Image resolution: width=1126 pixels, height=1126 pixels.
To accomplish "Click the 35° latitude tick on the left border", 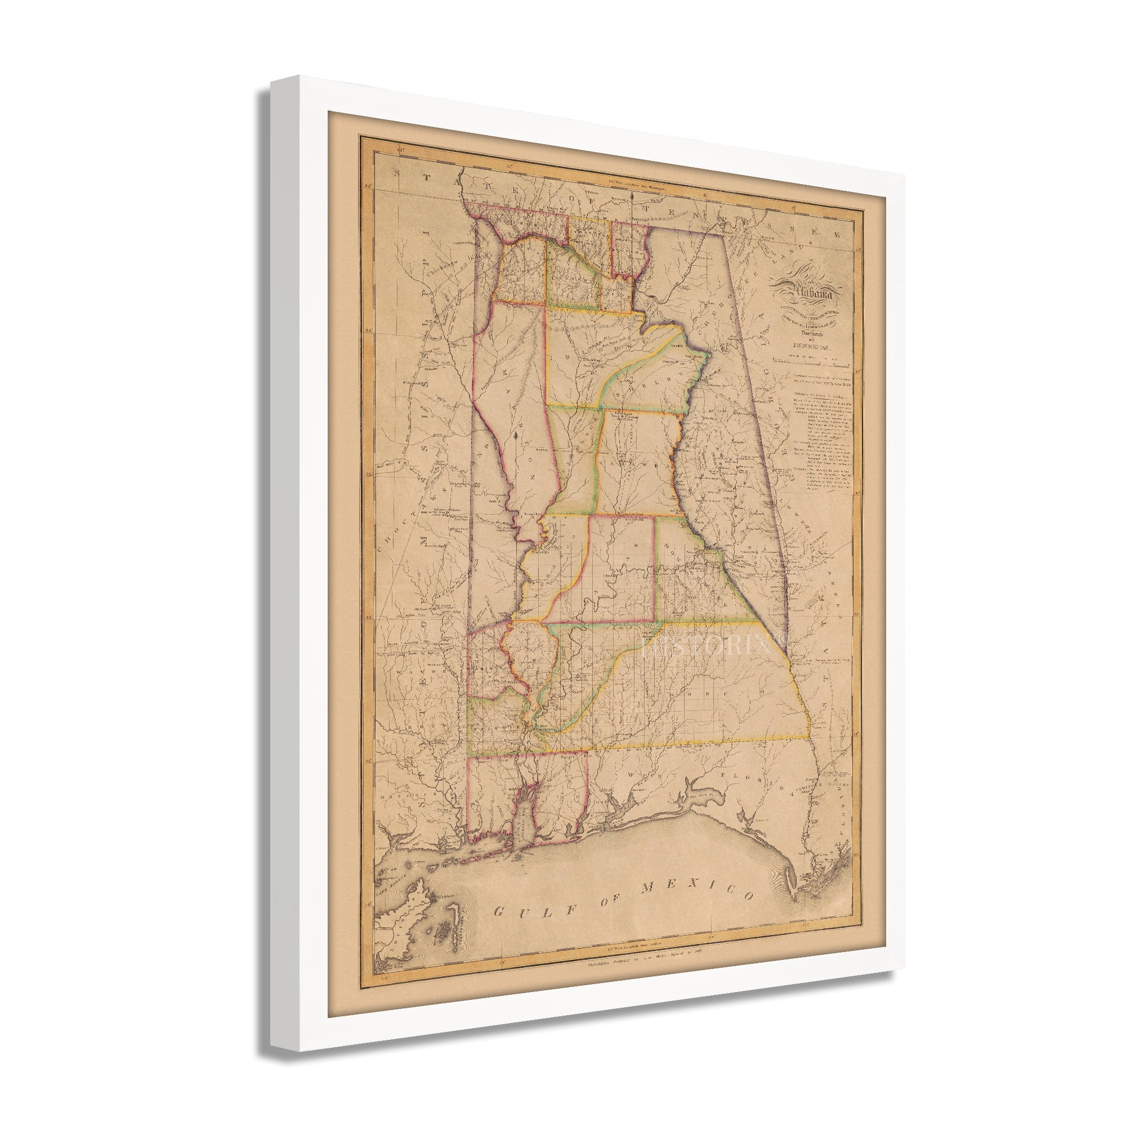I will (x=369, y=186).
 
